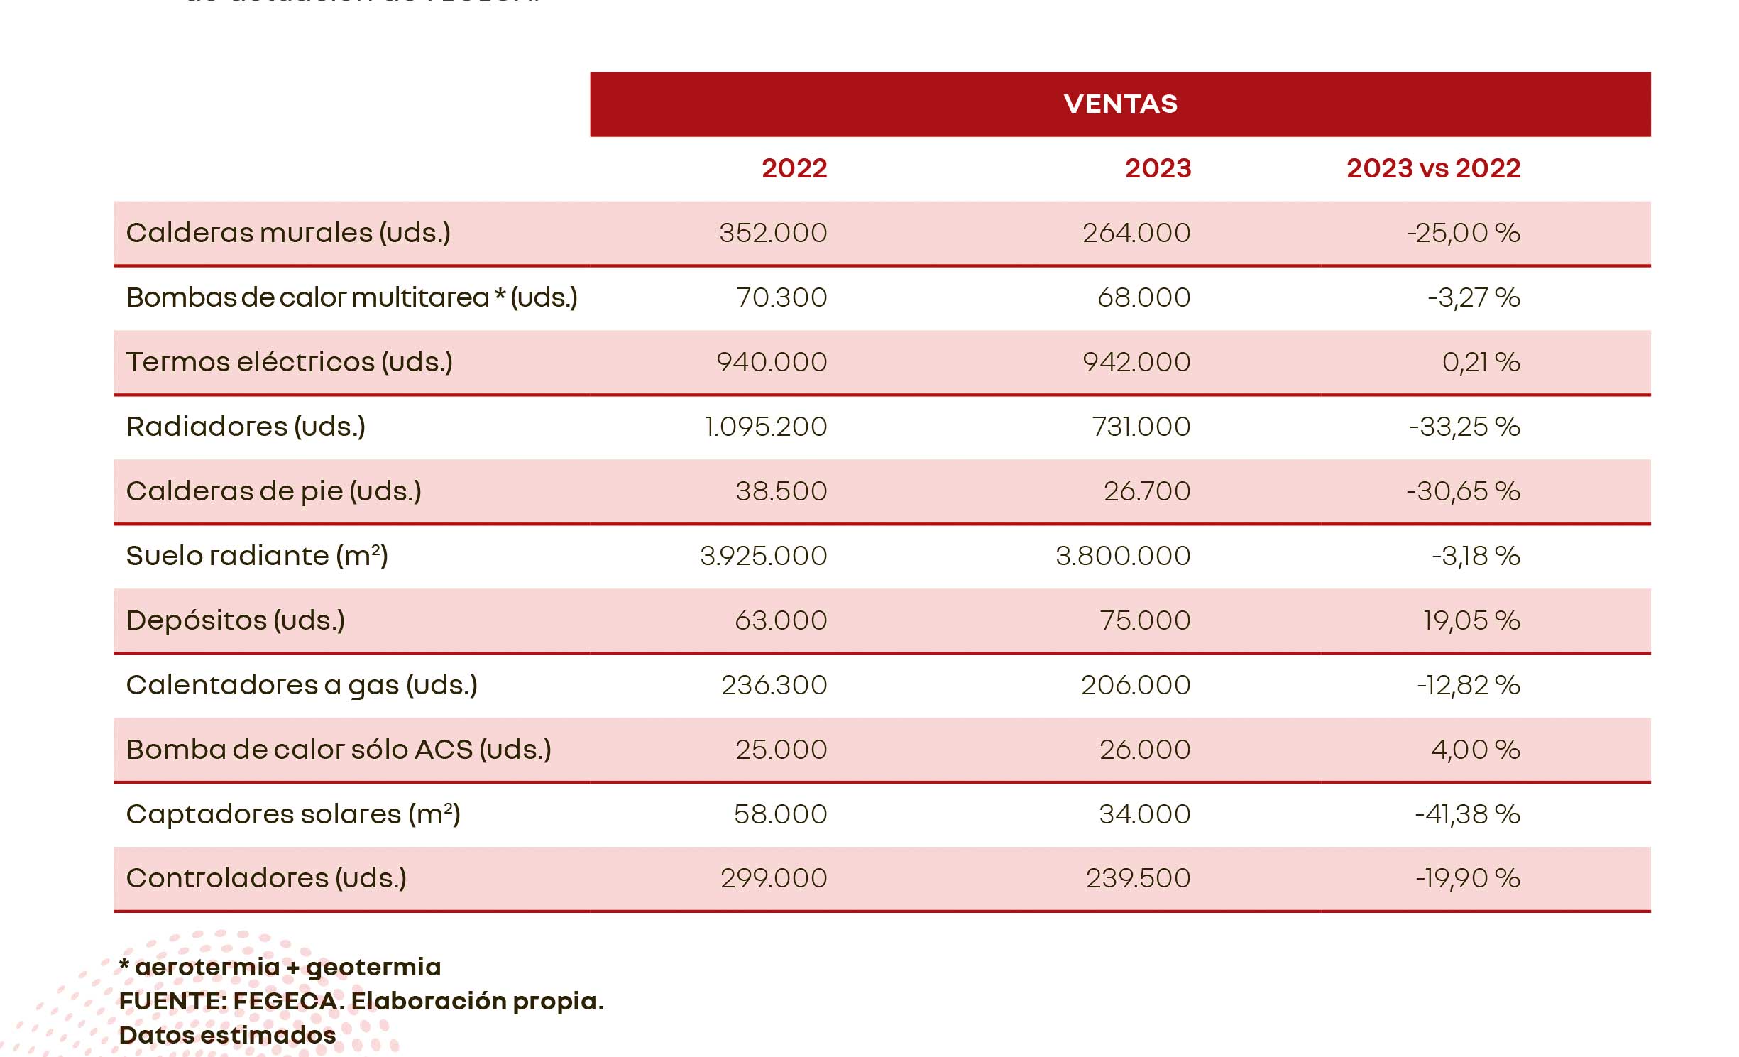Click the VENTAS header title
click(1120, 104)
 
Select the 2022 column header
click(794, 168)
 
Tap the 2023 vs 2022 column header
click(1433, 168)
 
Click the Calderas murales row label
click(288, 233)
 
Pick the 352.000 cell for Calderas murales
click(773, 233)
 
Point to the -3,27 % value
click(1474, 297)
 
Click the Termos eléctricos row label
click(289, 362)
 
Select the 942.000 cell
click(1136, 362)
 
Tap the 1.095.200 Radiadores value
click(766, 427)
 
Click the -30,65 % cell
click(1463, 491)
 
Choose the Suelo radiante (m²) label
click(257, 556)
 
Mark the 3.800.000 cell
click(1123, 556)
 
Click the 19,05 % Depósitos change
click(1471, 620)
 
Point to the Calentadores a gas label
click(302, 685)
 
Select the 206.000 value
click(1136, 685)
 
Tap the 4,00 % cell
click(1475, 750)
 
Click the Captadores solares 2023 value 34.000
click(1144, 814)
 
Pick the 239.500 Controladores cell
click(1138, 878)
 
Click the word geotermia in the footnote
click(373, 968)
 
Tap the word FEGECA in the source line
click(287, 1001)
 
